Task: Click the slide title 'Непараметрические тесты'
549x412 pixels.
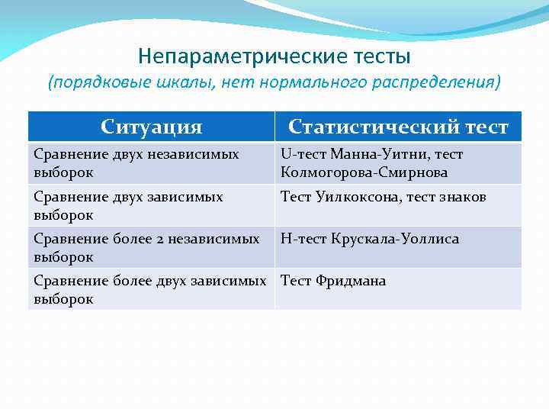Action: point(274,56)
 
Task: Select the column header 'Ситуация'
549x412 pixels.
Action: point(152,127)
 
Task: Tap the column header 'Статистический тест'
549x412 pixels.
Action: point(397,127)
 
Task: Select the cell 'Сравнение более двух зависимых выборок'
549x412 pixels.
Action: point(151,290)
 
